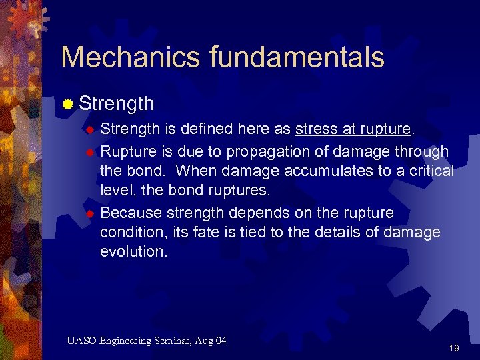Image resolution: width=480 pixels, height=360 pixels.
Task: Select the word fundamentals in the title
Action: pyautogui.click(x=297, y=57)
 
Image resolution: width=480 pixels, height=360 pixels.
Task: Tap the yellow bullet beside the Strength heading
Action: pyautogui.click(x=68, y=104)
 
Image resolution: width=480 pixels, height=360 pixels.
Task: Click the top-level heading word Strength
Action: pyautogui.click(x=117, y=104)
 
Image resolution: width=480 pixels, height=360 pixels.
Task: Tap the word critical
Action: pyautogui.click(x=431, y=171)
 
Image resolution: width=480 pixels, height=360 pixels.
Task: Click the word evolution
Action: pyautogui.click(x=133, y=251)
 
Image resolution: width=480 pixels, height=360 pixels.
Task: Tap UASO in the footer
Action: pyautogui.click(x=82, y=341)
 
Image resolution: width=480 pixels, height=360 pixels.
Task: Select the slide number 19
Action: pyautogui.click(x=454, y=348)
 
